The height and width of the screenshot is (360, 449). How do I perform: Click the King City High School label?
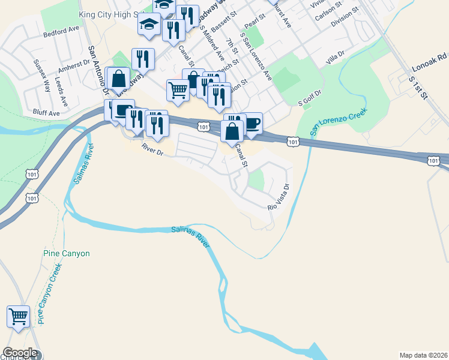tap(114, 13)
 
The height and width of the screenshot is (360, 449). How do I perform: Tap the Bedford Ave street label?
tap(61, 32)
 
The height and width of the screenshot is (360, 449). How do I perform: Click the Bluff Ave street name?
tap(46, 112)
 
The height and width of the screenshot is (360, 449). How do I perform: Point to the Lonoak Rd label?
tap(434, 56)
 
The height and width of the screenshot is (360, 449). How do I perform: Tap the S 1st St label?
tap(418, 88)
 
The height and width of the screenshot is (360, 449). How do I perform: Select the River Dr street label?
tap(153, 149)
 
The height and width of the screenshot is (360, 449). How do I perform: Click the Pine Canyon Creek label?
tap(50, 293)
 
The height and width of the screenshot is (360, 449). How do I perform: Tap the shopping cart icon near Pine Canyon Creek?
tap(19, 317)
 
